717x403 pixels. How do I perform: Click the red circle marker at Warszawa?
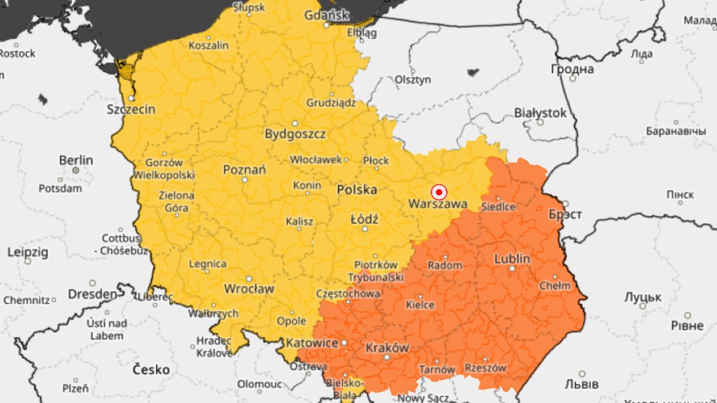(x=439, y=192)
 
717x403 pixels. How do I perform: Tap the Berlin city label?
(x=76, y=160)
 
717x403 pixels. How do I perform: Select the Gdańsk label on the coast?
(x=326, y=15)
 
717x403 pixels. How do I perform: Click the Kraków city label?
(x=387, y=347)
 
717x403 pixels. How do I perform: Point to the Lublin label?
(x=512, y=259)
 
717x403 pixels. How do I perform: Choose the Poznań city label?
(x=244, y=170)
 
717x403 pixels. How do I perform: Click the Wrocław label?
(x=249, y=288)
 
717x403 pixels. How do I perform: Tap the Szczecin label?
(x=131, y=109)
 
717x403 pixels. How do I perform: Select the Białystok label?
(x=540, y=112)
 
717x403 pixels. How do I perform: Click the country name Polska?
(x=357, y=190)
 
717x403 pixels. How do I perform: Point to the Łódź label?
(x=364, y=219)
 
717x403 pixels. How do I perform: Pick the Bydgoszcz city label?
(x=295, y=134)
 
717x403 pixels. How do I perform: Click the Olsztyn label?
(x=412, y=79)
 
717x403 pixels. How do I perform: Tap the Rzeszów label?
(x=485, y=368)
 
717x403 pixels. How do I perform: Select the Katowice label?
(x=312, y=343)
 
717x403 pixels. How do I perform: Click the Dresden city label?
(x=92, y=294)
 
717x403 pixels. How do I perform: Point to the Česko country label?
(x=151, y=370)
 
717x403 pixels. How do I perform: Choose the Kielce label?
(x=420, y=304)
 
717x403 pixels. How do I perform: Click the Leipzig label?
(x=27, y=252)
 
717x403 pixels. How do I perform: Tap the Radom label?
(x=445, y=265)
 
